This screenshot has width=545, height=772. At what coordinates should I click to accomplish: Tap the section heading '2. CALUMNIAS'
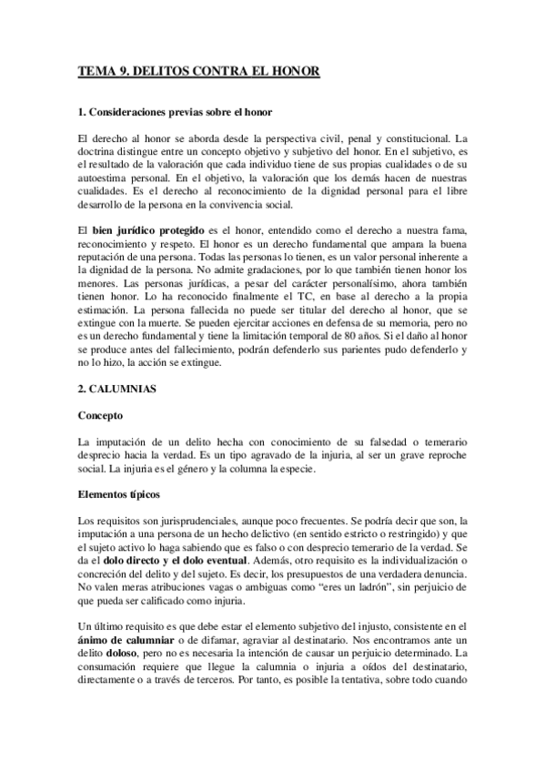[118, 389]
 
